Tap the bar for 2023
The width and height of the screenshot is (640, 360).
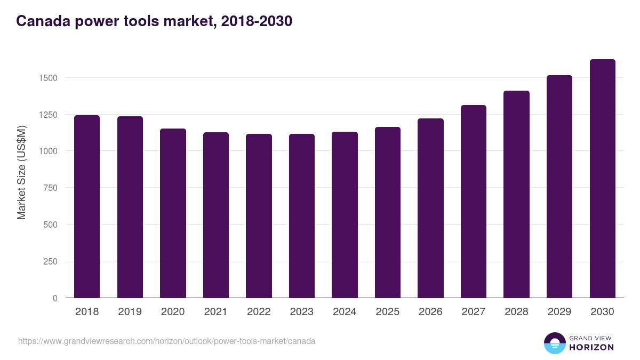tap(302, 216)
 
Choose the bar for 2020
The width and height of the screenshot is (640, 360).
tap(173, 213)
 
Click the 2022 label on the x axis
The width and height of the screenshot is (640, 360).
tap(259, 312)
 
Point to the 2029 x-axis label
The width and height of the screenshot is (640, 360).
tap(559, 312)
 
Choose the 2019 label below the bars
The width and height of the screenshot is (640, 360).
tap(130, 312)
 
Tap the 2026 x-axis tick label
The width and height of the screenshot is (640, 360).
tap(430, 312)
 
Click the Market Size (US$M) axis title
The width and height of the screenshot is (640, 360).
tap(21, 172)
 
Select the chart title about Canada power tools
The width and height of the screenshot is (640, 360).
tap(154, 21)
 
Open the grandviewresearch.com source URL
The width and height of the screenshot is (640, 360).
tap(167, 341)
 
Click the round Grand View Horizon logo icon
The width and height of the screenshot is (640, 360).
tap(554, 343)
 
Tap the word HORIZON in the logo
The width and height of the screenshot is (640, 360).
tap(591, 347)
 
